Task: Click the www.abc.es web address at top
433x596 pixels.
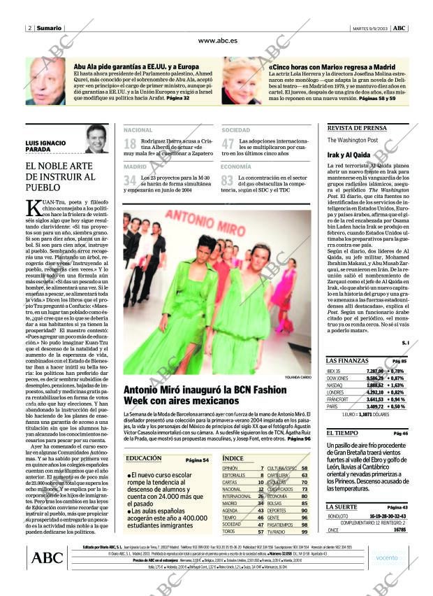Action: coord(217,41)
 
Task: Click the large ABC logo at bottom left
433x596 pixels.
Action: coord(47,557)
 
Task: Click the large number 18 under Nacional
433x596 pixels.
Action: coord(130,145)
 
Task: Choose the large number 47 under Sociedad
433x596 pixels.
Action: coord(228,145)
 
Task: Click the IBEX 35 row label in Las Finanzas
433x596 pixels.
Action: coord(334,371)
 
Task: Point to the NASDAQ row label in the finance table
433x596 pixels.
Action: coord(335,385)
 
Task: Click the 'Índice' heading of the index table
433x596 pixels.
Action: coord(233,458)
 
